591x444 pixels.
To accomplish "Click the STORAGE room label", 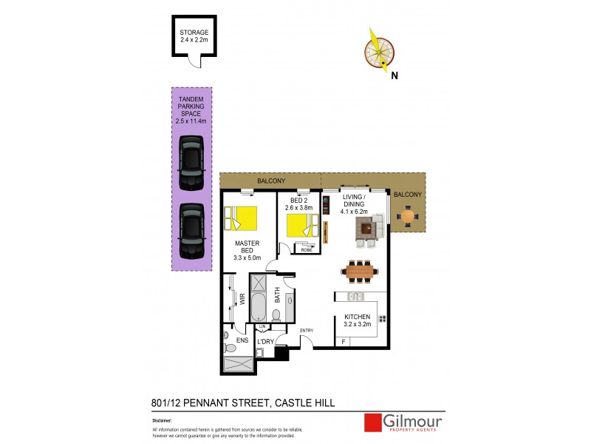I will coord(194,33).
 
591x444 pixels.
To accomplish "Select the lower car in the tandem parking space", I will coord(191,229).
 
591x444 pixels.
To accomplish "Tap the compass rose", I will coord(380,50).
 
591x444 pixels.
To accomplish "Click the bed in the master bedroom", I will coord(242,220).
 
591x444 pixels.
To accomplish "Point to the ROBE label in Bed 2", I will coord(307,250).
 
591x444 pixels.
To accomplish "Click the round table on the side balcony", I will coord(407,216).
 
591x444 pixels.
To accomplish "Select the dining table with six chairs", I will coord(360,272).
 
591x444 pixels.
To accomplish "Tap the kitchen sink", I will coord(356,297).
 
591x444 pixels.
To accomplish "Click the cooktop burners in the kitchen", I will coord(383,318).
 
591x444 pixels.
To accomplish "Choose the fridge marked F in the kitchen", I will coord(343,341).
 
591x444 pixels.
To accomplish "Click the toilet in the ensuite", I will coord(230,346).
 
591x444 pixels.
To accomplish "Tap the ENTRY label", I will coord(307,329).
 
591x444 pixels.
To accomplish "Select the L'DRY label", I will coord(265,341).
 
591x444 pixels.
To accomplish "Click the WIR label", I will coord(242,299).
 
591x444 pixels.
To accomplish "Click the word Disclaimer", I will coord(161,420).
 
